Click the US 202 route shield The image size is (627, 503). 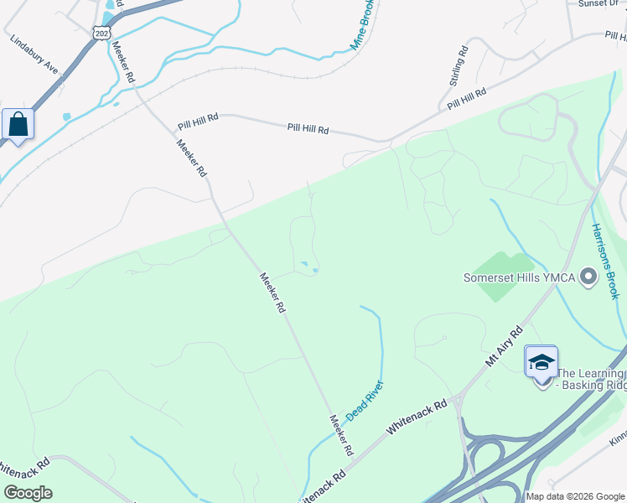101,33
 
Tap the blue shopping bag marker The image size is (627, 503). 18,126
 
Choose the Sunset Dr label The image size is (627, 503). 598,3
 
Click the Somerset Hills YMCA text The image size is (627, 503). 520,277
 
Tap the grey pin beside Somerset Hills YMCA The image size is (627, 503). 588,276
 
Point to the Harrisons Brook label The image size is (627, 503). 604,261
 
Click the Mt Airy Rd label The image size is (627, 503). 504,345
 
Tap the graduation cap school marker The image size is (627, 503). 541,363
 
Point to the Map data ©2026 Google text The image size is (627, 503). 576,496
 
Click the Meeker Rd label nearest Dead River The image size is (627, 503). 340,435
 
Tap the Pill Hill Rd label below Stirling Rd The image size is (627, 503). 467,99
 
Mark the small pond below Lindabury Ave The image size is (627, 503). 66,116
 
